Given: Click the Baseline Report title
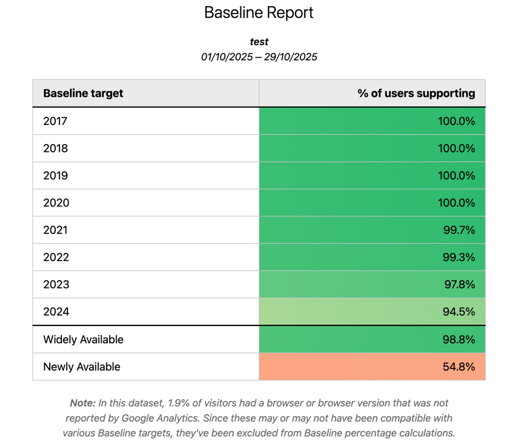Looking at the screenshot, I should coord(259,13).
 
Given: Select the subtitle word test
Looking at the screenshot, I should coord(259,42).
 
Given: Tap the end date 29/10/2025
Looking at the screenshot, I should coord(289,57).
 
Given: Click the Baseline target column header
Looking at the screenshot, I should coord(83,93).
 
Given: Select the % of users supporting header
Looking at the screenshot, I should coord(416,93).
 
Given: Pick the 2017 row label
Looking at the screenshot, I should coord(55,121).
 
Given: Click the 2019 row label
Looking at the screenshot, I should coord(55,176).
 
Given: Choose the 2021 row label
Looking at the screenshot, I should coord(55,230).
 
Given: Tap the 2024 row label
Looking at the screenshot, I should coord(55,312).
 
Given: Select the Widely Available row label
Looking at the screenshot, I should coord(83,340).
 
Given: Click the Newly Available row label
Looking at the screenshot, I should coord(82,367).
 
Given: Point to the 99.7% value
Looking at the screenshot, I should coord(459,230).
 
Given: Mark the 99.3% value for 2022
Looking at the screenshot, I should coord(459,257).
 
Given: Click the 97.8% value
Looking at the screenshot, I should coord(459,285).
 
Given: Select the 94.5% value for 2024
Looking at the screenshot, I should coord(459,312).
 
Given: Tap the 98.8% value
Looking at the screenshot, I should coord(459,340).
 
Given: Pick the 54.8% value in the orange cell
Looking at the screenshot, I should coord(459,367).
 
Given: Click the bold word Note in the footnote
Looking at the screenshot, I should coord(82,403).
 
